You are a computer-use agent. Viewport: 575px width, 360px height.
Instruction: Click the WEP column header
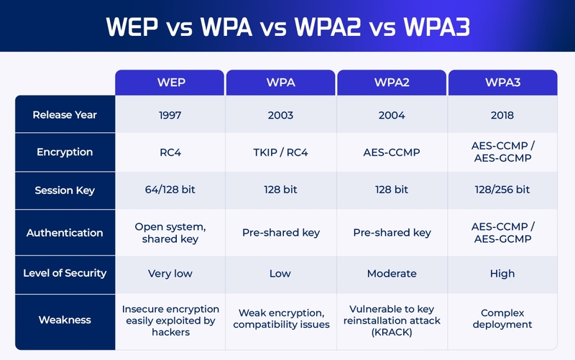[x=171, y=83]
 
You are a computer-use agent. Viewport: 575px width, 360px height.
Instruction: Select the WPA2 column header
[x=392, y=83]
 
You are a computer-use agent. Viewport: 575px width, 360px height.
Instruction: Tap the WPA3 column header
[x=502, y=83]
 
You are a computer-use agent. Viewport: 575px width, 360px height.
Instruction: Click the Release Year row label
[x=65, y=115]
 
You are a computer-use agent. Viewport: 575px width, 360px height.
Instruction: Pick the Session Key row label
[x=65, y=190]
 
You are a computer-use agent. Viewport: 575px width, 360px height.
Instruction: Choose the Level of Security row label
[x=65, y=273]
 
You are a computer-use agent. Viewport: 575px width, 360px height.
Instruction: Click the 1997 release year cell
[x=171, y=115]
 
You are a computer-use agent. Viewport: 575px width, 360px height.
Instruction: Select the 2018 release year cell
[x=502, y=115]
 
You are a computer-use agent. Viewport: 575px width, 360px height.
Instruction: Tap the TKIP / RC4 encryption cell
[x=281, y=152]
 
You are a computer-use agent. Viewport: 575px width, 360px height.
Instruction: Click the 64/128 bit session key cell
[x=171, y=190]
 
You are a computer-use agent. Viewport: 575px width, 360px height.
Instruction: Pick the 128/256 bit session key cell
[x=502, y=190]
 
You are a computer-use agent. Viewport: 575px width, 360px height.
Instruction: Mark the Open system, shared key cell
[x=171, y=233]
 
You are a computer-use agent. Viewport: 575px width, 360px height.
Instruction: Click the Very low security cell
[x=171, y=273]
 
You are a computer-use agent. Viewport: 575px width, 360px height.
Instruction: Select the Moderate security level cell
[x=392, y=273]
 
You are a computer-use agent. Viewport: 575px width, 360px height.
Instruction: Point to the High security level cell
[x=502, y=273]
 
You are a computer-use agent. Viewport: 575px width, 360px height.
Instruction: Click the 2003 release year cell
[x=281, y=115]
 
